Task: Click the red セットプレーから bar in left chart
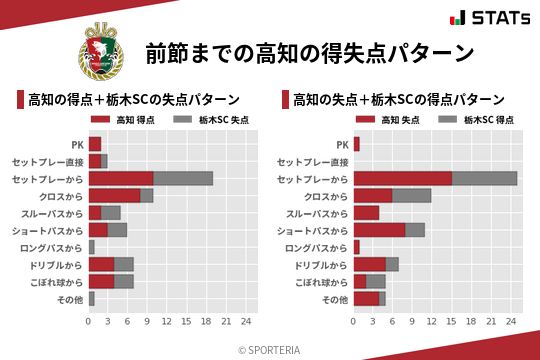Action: pos(121,178)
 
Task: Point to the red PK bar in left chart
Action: pos(95,144)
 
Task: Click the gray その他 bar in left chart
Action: pos(91,298)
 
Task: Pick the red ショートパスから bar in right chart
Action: pos(379,230)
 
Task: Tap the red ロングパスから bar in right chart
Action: pos(356,247)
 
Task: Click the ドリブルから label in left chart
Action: pos(59,264)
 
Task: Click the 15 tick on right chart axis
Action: pos(451,322)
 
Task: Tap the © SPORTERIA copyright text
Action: pos(270,349)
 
